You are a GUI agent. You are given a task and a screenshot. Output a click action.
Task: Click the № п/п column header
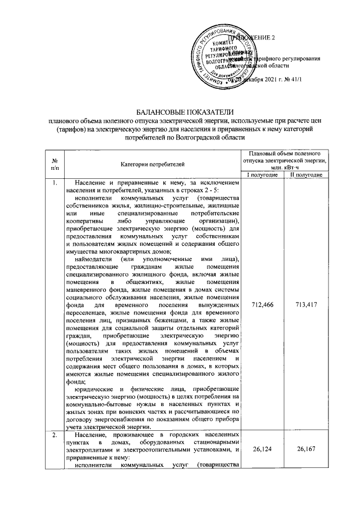(x=54, y=163)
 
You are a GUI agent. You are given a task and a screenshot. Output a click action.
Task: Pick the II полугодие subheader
(x=305, y=175)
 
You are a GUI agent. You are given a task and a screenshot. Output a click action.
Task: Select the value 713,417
(x=305, y=304)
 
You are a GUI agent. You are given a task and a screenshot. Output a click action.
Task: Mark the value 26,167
(x=305, y=449)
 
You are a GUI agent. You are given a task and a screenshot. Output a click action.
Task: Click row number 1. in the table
(x=53, y=183)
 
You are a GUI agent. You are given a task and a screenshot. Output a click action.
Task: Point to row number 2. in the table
(x=53, y=437)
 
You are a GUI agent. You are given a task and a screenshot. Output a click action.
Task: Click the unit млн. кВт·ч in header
(x=284, y=167)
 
